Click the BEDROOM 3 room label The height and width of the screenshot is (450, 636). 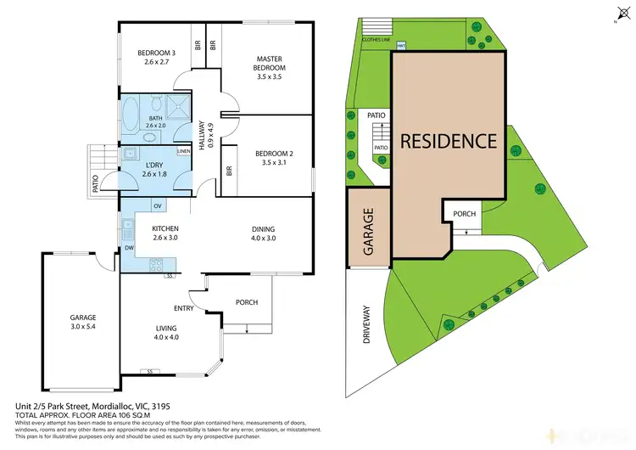coord(154,54)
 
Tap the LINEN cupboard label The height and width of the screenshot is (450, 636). coord(183,152)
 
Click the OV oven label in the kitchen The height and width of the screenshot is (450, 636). coord(158,206)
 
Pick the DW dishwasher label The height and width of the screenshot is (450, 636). coord(129,248)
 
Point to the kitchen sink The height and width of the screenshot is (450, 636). coord(127,228)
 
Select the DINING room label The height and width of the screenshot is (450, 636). coord(263,228)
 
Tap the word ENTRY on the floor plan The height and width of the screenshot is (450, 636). coord(184,308)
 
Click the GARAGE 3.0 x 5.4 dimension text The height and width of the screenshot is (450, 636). coord(83,326)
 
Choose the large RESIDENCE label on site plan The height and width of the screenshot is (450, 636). coord(448,140)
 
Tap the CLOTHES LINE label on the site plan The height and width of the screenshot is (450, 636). coord(376,39)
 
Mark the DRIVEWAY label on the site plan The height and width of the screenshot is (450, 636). coord(367,324)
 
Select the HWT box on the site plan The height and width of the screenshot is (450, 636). coord(401,44)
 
